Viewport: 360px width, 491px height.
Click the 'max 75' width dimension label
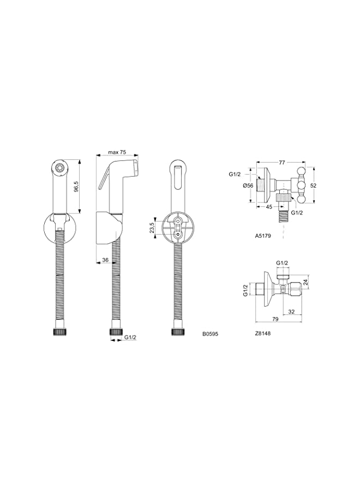pos(117,152)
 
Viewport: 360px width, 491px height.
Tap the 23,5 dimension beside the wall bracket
pos(152,228)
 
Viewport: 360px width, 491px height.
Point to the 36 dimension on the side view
pos(105,259)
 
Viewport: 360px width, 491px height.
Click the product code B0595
pos(211,334)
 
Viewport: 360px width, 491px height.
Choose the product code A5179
pos(263,236)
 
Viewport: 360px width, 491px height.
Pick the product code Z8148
pos(263,333)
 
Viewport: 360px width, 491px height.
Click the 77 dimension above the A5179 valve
pos(282,162)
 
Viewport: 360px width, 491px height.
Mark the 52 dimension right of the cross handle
pos(313,185)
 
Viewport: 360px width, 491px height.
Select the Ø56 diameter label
pos(248,185)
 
